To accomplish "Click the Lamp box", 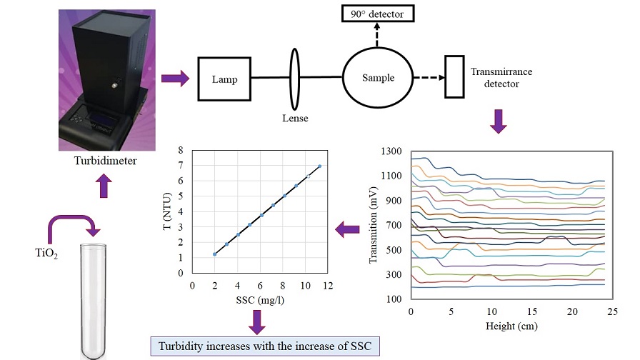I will (x=224, y=79).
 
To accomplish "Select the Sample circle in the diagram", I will (x=378, y=77).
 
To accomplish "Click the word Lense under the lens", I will (x=294, y=119).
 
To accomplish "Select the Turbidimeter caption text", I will (x=105, y=161).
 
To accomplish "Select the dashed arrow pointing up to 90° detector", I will (x=377, y=37).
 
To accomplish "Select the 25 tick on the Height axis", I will (x=613, y=313).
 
